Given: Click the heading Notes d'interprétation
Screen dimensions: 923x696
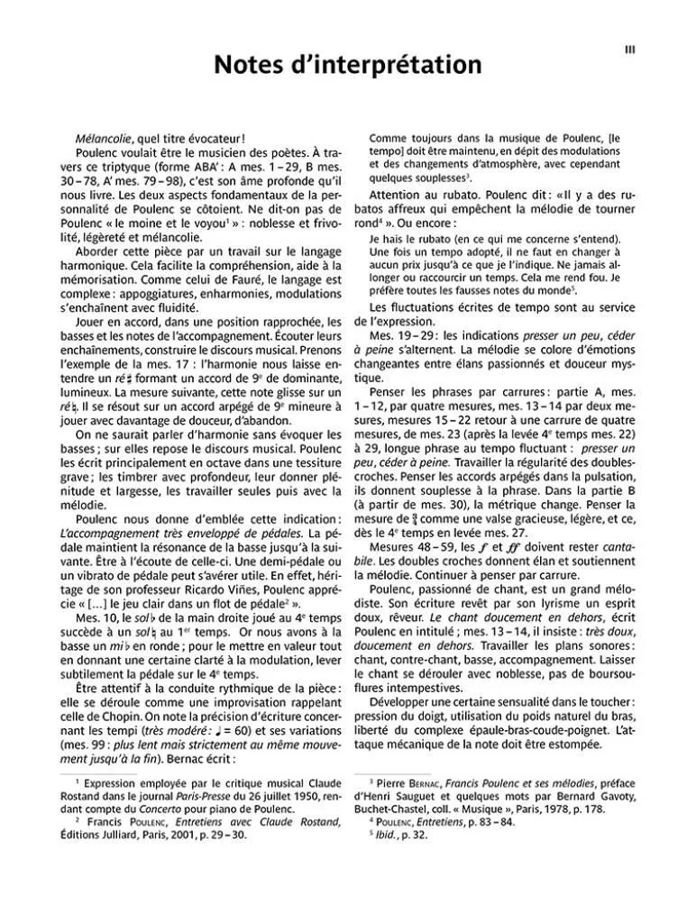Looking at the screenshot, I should tap(347, 65).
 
